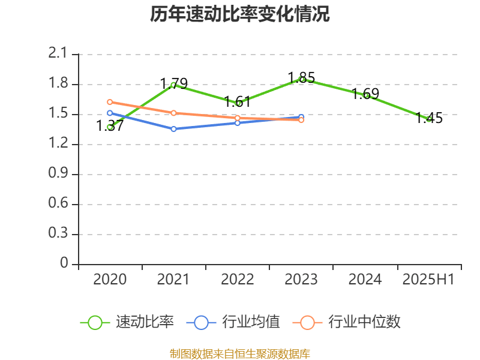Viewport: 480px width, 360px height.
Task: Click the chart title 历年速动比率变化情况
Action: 239,14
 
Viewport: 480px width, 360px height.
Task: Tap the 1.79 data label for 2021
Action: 174,83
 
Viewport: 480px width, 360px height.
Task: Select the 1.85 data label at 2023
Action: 301,77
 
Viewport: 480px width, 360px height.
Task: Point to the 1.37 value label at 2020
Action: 110,125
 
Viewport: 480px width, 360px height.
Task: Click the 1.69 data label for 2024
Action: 365,94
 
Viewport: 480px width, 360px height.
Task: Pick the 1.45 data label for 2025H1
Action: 430,118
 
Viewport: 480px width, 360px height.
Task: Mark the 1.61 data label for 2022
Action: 238,101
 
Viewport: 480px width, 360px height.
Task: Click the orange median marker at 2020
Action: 110,102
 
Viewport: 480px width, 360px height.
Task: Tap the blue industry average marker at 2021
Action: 173,129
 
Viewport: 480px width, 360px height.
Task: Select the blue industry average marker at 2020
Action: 110,113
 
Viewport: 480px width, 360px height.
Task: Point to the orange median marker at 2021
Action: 173,113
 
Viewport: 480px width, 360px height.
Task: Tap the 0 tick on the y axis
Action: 65,264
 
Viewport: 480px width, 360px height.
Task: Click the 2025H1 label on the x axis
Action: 428,279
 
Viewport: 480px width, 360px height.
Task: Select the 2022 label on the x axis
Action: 238,279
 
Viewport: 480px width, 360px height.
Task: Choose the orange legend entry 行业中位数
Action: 347,322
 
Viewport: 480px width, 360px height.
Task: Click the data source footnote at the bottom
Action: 239,353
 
